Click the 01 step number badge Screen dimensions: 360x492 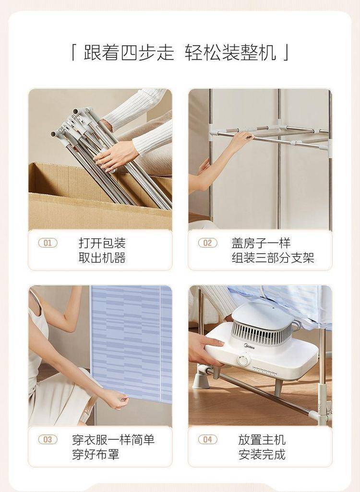(48, 243)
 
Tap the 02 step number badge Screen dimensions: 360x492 (208, 243)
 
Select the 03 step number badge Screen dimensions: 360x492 (48, 439)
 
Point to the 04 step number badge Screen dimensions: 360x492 (208, 439)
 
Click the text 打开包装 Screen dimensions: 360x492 (102, 243)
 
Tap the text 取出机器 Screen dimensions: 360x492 (102, 258)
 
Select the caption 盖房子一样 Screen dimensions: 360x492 (262, 243)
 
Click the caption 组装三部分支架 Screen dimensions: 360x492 (273, 258)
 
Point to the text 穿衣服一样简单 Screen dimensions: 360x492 (113, 440)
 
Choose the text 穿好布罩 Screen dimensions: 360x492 (96, 454)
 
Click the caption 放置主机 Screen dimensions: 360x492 (262, 440)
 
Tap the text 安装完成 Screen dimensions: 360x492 (262, 454)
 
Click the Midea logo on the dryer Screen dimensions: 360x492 (249, 346)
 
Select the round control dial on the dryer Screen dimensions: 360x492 (242, 360)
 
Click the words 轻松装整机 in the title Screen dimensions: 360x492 (230, 52)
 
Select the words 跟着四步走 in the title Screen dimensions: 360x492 (129, 52)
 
